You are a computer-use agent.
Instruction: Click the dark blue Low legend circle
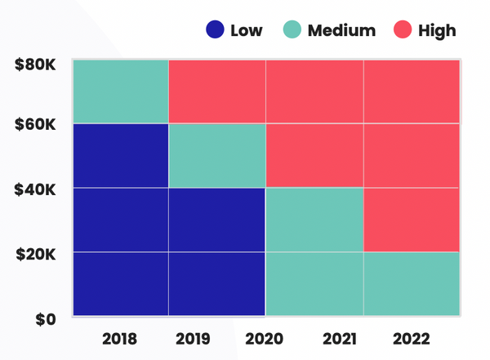(x=215, y=31)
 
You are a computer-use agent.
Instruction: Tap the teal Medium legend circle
(x=292, y=31)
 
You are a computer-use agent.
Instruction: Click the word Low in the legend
(x=247, y=31)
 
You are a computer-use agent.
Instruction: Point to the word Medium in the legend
(x=341, y=31)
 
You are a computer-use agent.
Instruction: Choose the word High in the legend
(x=437, y=31)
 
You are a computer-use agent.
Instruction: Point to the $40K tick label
(x=34, y=189)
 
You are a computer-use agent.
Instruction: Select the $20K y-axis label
(x=34, y=254)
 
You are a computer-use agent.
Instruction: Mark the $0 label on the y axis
(x=45, y=319)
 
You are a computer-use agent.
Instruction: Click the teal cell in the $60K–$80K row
(x=121, y=91)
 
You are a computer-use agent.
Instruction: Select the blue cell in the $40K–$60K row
(x=121, y=155)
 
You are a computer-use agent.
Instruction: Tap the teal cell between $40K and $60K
(x=217, y=155)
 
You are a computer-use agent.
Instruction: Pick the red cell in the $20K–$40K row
(x=412, y=220)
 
